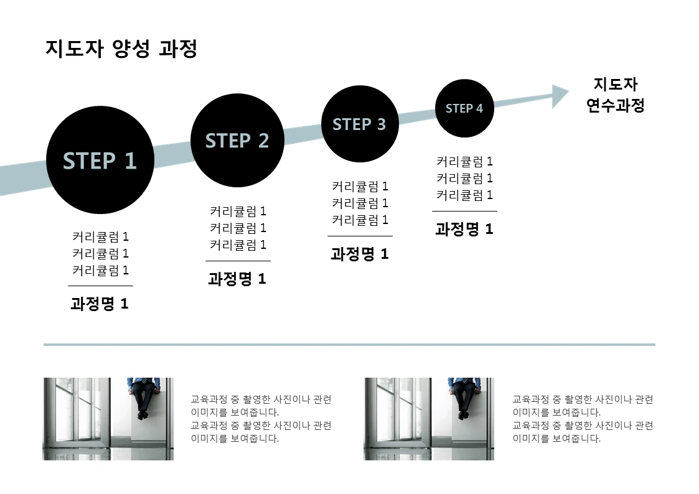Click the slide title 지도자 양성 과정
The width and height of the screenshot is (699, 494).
click(121, 49)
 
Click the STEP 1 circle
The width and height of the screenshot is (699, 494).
click(100, 161)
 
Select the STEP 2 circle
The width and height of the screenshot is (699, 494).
click(237, 141)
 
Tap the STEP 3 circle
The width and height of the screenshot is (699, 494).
click(359, 124)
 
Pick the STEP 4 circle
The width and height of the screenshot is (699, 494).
click(464, 108)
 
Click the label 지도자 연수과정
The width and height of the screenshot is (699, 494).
click(616, 95)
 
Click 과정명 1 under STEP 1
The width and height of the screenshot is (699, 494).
click(100, 304)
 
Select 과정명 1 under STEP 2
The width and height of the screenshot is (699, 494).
click(237, 279)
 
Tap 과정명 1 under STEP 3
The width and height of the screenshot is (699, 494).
click(359, 254)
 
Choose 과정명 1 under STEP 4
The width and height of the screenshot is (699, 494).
click(464, 229)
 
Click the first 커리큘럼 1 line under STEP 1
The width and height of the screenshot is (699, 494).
click(100, 237)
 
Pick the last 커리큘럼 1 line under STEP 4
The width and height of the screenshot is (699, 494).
click(464, 195)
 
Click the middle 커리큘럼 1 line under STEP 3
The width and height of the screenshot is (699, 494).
click(360, 203)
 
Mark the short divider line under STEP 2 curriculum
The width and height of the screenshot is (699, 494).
click(238, 261)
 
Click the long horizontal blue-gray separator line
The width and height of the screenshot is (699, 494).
click(349, 344)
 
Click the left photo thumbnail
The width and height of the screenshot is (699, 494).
click(108, 419)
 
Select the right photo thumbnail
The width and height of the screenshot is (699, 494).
click(429, 419)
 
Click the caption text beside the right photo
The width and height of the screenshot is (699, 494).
click(583, 419)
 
